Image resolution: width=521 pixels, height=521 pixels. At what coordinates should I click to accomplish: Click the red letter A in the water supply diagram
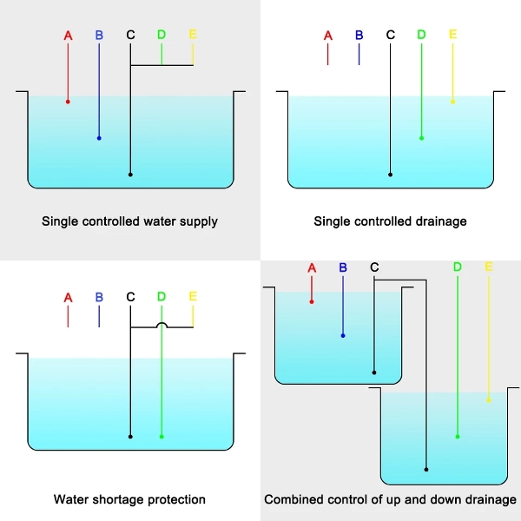tap(68, 36)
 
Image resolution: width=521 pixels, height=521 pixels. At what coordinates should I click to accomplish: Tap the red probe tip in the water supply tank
tap(68, 102)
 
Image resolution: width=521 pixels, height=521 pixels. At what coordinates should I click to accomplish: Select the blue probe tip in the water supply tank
tap(99, 138)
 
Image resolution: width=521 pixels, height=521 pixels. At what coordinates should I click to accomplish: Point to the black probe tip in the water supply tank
tap(130, 175)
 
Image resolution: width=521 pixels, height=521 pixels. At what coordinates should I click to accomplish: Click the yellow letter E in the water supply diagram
tap(193, 35)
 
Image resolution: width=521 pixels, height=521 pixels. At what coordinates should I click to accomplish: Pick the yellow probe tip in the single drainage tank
tap(452, 102)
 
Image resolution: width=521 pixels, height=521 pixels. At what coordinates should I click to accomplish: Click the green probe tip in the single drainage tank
tap(421, 138)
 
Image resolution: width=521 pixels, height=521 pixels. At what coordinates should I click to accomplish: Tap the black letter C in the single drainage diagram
tap(391, 35)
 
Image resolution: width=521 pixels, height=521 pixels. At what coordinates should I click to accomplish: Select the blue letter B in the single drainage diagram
tap(359, 36)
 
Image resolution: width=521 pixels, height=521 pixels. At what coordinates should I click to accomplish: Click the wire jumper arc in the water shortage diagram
tap(162, 323)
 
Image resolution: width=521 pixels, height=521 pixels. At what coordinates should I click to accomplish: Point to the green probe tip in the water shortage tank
tap(162, 437)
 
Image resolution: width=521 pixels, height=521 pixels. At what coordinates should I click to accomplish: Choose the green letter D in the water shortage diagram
tap(162, 296)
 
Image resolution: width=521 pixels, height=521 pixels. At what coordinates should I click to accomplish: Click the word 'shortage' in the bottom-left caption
tap(112, 500)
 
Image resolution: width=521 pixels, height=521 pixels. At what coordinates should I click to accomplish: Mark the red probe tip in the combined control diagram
tap(312, 301)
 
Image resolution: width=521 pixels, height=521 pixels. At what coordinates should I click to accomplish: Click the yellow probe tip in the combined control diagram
tap(489, 400)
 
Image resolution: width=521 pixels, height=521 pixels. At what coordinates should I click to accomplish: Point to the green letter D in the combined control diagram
tap(458, 267)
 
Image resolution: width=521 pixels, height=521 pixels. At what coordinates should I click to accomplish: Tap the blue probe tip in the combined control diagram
tap(343, 335)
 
